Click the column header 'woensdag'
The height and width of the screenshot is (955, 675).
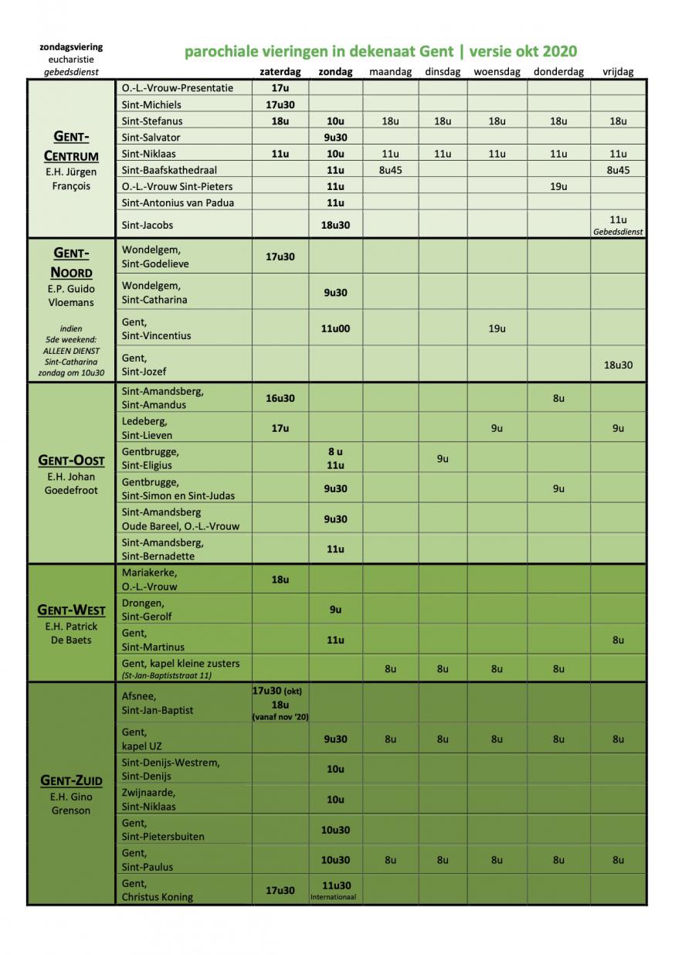tap(497, 72)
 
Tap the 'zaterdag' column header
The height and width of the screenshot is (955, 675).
tap(280, 72)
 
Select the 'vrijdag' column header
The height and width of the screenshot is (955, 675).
tap(618, 72)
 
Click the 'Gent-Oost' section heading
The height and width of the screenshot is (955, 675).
tap(71, 461)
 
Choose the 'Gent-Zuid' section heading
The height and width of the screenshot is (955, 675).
tap(71, 780)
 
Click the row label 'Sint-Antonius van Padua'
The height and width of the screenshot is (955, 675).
tap(178, 202)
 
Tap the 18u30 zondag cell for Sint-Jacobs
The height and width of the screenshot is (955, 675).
tap(335, 225)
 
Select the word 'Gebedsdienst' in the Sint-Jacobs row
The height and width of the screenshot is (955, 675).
tap(618, 231)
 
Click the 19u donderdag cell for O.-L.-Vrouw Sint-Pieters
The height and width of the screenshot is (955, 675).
tap(558, 186)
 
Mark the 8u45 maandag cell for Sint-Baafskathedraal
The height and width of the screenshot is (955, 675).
tap(390, 170)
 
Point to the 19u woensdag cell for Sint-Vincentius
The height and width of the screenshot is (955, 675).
tap(497, 328)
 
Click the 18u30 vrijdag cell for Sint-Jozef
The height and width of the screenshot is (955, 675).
tap(618, 365)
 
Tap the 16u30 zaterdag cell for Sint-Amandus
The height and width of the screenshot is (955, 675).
tap(280, 398)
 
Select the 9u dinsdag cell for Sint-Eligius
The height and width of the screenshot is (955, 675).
tap(443, 458)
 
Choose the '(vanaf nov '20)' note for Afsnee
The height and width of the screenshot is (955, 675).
tap(280, 717)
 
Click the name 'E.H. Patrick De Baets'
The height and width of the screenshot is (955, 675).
tap(71, 633)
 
